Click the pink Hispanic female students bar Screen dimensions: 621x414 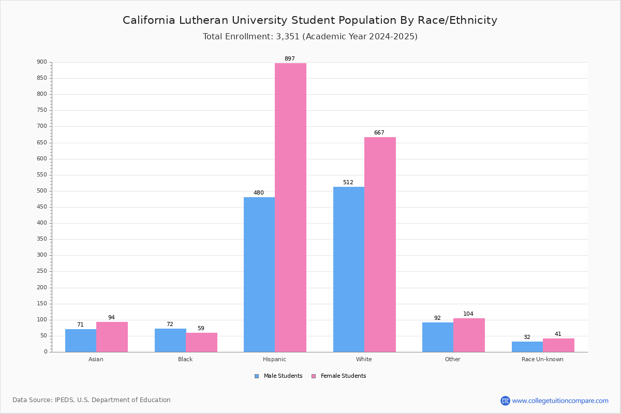coord(290,208)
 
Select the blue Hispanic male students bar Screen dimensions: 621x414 coord(259,274)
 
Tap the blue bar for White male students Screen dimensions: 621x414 coord(349,270)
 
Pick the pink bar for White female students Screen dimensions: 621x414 coord(380,245)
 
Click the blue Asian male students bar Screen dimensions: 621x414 coord(81,341)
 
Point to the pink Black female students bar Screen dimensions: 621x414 coord(201,343)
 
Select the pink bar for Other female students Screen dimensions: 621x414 coord(469,335)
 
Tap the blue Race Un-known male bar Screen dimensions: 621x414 coord(527,347)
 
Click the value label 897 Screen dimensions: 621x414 coord(290,58)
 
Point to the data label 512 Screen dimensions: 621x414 coord(348,182)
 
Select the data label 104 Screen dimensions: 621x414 coord(468,314)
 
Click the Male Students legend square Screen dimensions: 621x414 coord(257,376)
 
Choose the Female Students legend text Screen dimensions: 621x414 coord(343,376)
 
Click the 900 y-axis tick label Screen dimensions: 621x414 coord(42,62)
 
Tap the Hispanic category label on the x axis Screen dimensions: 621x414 coord(274,359)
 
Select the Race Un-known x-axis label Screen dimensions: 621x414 coord(542,359)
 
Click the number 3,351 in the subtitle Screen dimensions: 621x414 coord(288,37)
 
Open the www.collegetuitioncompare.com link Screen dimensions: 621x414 coord(560,401)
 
